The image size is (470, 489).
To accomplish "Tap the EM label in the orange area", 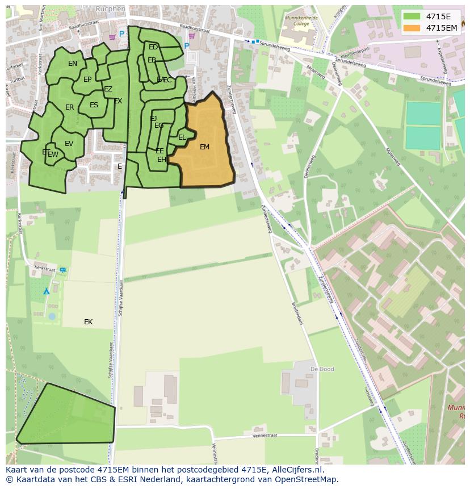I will pyautogui.click(x=204, y=147).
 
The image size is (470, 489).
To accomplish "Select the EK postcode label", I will pyautogui.click(x=88, y=322).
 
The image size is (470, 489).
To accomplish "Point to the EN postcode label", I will pyautogui.click(x=73, y=64).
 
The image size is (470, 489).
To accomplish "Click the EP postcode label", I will pyautogui.click(x=87, y=80).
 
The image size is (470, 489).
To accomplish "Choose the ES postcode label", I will pyautogui.click(x=94, y=105).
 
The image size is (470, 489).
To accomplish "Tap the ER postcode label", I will pyautogui.click(x=69, y=107).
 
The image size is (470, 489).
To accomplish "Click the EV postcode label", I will pyautogui.click(x=69, y=144).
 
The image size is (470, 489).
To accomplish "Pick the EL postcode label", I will pyautogui.click(x=182, y=137).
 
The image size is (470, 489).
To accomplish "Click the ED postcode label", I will pyautogui.click(x=153, y=47).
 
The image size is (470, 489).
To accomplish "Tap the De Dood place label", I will pyautogui.click(x=321, y=369).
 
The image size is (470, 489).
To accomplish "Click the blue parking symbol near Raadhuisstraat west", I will pyautogui.click(x=121, y=34).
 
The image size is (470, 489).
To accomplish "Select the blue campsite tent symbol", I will pyautogui.click(x=47, y=291).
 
